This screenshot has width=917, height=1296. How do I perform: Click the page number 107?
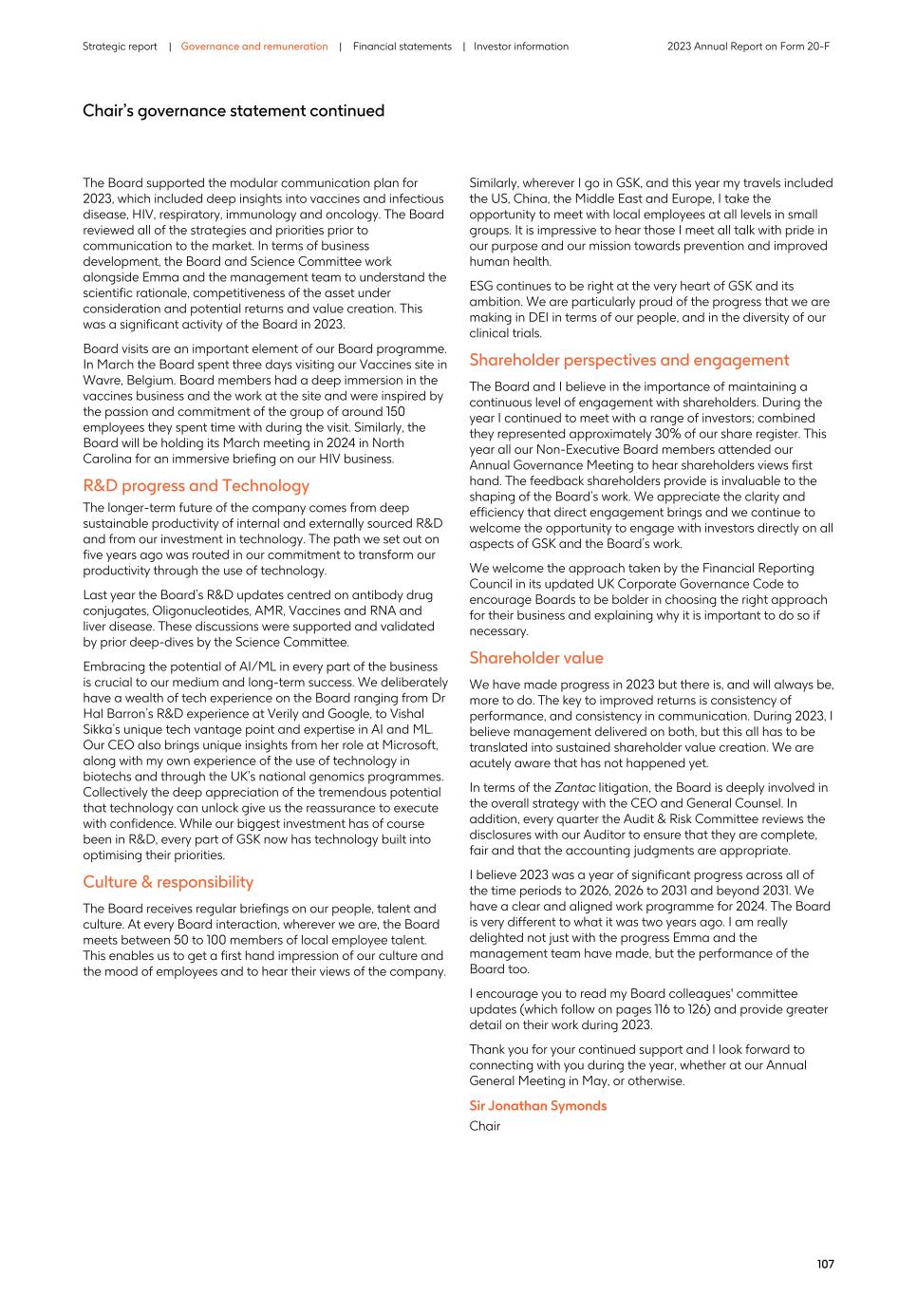coord(825,1264)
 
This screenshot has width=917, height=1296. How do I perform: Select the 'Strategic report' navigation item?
coord(120,47)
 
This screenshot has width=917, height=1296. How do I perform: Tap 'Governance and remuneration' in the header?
coord(254,47)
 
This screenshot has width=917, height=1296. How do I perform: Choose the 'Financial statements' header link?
coord(402,47)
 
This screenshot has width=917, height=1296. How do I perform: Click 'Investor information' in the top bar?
coord(521,47)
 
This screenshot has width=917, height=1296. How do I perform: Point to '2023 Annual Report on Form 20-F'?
coord(748,47)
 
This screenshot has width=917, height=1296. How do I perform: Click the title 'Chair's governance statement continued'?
coord(234,111)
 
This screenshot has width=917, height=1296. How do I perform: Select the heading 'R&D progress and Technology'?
coord(196,486)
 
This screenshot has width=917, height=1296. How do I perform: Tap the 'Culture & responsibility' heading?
coord(168,882)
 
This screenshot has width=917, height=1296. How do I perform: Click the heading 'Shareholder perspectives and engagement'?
coord(628,360)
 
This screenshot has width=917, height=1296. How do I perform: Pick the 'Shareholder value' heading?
coord(535,658)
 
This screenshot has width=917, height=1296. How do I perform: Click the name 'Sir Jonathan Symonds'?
coord(537,1105)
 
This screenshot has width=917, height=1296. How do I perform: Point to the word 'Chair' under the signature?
coord(484,1126)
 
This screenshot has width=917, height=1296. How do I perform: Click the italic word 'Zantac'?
coord(574,787)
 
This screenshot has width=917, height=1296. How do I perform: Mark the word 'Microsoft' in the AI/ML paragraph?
coord(410,745)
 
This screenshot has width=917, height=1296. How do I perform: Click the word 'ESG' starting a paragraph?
coord(482,286)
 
